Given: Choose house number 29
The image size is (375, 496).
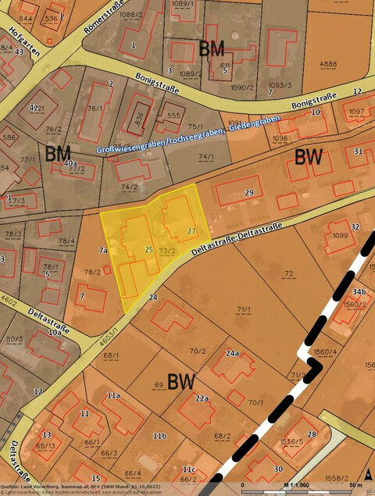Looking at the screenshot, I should [249, 192].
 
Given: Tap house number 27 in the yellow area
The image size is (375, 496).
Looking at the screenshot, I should [191, 231].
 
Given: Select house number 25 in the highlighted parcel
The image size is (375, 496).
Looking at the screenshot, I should [148, 249].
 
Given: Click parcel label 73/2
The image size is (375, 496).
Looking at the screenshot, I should [166, 250].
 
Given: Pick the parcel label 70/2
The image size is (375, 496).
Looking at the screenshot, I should [198, 351].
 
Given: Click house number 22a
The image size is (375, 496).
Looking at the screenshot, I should [202, 398].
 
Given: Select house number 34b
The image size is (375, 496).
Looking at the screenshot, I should [359, 291].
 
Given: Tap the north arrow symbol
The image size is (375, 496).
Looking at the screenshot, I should [368, 474].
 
